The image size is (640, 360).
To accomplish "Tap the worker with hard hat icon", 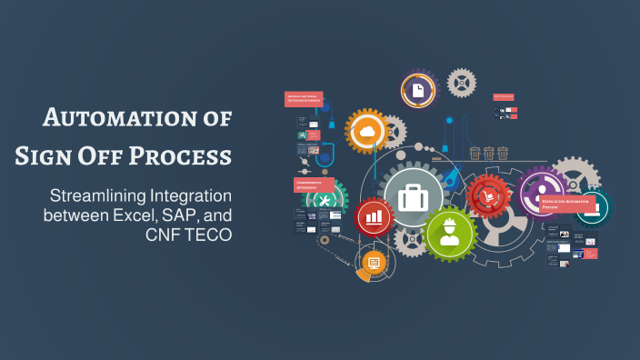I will pyautogui.click(x=448, y=233).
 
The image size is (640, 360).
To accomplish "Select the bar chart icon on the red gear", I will pyautogui.click(x=374, y=217).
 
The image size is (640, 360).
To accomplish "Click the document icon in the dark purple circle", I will pyautogui.click(x=417, y=90).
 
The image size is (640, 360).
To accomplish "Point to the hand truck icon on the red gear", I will pyautogui.click(x=488, y=195).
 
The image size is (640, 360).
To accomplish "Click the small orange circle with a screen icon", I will pyautogui.click(x=374, y=263).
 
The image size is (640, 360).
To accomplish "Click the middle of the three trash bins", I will pyautogui.click(x=488, y=152).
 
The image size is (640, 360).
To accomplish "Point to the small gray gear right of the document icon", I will pyautogui.click(x=462, y=83).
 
